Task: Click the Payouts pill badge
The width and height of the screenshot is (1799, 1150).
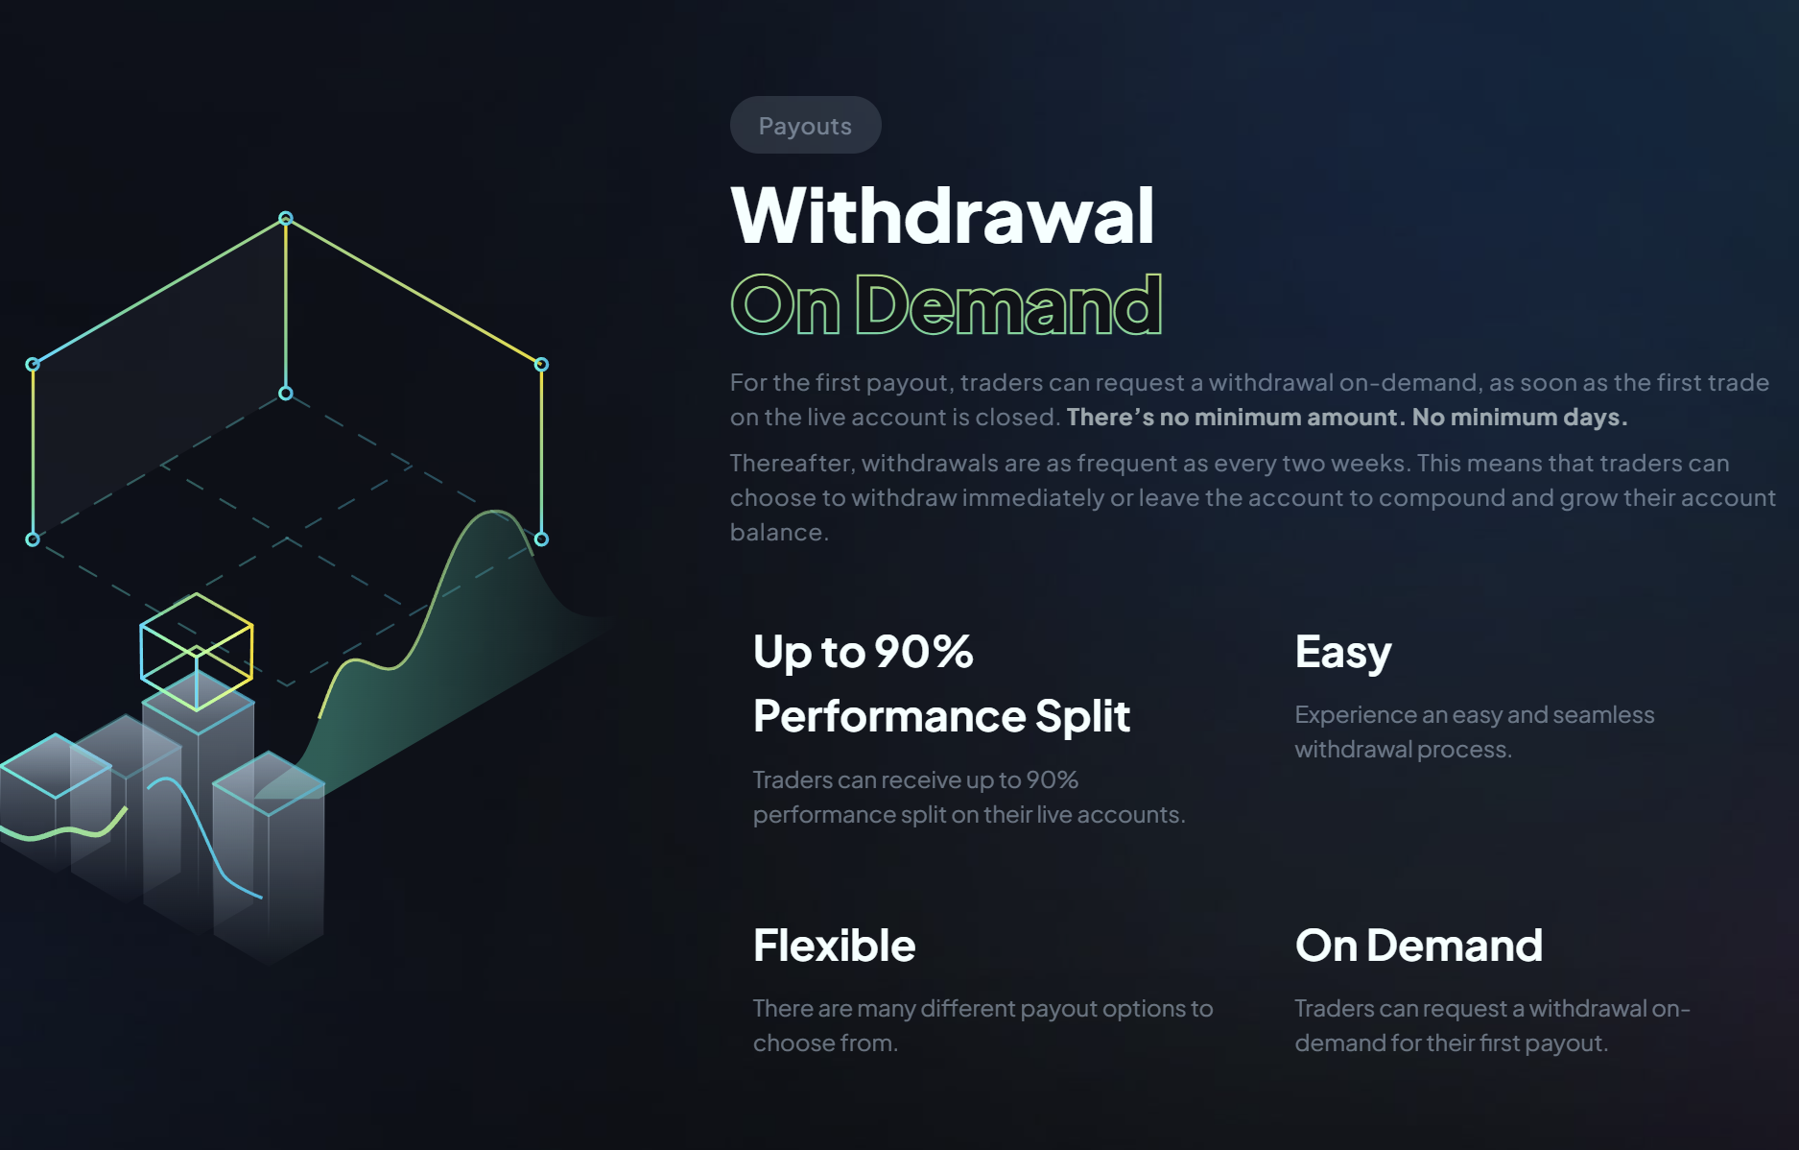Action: click(x=805, y=125)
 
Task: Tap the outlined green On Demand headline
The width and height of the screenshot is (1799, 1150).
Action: click(x=946, y=304)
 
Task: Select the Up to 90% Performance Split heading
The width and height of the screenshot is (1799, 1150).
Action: click(x=941, y=683)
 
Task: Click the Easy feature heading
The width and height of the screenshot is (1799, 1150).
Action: click(x=1342, y=653)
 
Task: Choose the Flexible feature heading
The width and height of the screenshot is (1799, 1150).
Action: click(x=834, y=946)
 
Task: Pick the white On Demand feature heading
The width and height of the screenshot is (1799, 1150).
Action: click(x=1418, y=946)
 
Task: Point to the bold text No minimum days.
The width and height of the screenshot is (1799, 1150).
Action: click(x=1520, y=418)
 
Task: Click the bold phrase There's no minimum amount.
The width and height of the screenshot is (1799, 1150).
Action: click(x=1236, y=418)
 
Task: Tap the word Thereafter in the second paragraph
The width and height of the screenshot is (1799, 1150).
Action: click(x=793, y=464)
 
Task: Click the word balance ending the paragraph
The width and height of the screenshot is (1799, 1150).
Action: click(x=777, y=533)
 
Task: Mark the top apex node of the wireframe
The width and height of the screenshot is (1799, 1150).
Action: click(x=286, y=219)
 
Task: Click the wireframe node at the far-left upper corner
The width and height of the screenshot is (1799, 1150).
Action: click(x=33, y=365)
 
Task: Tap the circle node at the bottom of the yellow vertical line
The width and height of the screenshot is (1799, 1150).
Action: click(x=286, y=394)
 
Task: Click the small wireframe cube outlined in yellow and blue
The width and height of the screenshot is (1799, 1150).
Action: click(x=197, y=652)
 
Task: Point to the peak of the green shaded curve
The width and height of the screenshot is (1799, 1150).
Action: click(x=494, y=512)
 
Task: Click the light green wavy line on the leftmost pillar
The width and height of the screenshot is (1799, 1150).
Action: click(x=63, y=827)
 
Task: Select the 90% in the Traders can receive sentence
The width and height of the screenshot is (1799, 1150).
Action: click(x=1052, y=780)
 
